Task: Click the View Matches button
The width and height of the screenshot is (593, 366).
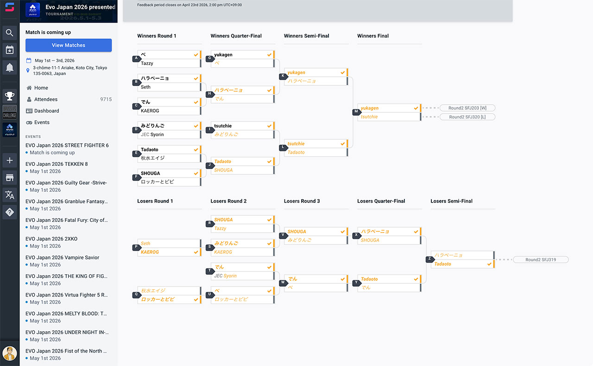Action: (x=69, y=45)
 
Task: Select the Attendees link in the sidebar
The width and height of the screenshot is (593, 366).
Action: (x=45, y=99)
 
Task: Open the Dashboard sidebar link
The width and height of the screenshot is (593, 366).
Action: (x=46, y=111)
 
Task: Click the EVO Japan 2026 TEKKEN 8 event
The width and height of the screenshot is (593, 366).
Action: (x=57, y=164)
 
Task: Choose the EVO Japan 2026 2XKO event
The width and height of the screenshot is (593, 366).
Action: (x=51, y=239)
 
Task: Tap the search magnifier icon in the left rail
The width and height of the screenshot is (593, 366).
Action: (x=10, y=32)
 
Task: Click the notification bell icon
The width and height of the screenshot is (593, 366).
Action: (x=10, y=68)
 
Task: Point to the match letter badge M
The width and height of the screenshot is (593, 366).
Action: (x=356, y=112)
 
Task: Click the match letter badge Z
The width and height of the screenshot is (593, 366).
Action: (x=429, y=259)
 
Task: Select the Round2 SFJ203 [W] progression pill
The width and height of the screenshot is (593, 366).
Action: (x=467, y=108)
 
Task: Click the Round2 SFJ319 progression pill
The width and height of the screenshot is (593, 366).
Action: (x=540, y=260)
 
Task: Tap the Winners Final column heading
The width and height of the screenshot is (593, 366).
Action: (x=373, y=36)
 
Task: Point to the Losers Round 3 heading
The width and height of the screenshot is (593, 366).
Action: (x=302, y=201)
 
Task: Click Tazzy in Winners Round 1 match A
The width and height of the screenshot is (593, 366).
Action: (x=147, y=63)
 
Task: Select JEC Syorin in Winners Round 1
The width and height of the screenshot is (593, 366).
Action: (x=152, y=134)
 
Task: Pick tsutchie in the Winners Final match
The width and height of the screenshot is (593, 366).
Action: (x=369, y=117)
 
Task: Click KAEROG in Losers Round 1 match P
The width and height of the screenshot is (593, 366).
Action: (x=150, y=252)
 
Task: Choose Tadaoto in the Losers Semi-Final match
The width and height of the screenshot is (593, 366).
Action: (x=443, y=264)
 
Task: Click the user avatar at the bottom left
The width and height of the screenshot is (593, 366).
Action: (x=10, y=353)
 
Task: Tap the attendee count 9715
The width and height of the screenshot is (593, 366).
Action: (x=106, y=99)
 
